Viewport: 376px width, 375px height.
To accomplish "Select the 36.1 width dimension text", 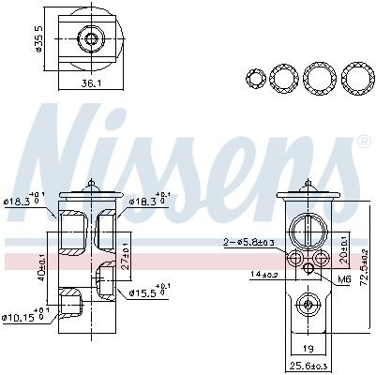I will coord(90,82).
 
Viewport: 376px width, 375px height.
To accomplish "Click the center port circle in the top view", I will coord(91,38).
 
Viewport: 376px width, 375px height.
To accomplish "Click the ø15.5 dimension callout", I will coord(145,292).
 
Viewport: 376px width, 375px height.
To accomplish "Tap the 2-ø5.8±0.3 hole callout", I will coord(249,243).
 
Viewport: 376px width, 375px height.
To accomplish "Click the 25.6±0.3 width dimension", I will coord(308,366).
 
